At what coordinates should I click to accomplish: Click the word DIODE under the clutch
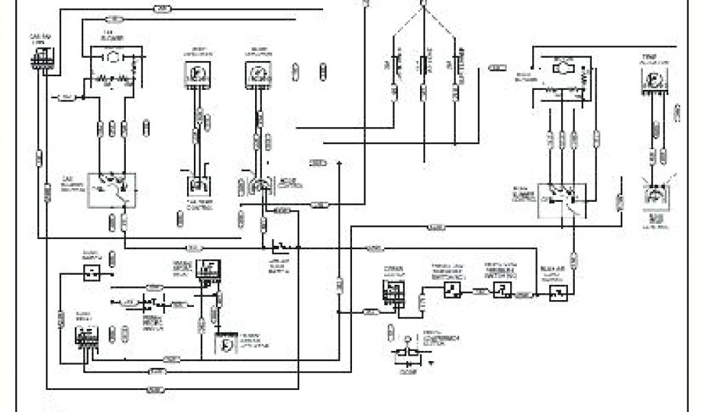coord(409,373)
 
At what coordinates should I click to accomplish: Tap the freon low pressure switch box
coord(451,291)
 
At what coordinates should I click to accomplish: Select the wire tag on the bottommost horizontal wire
coord(155,390)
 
